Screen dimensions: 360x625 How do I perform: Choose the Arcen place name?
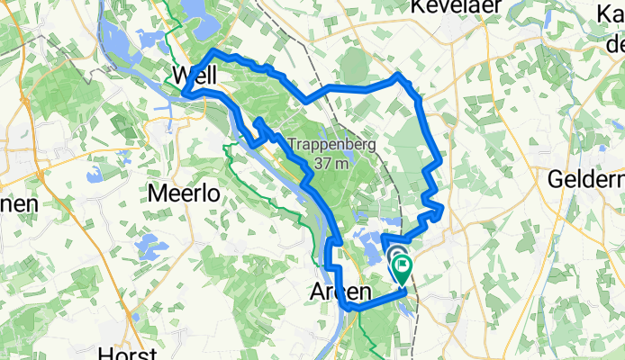(x=340, y=292)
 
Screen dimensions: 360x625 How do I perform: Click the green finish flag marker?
(x=402, y=266)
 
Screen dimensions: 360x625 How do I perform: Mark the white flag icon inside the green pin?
(x=402, y=265)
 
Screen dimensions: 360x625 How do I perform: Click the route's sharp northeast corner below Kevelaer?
(x=398, y=76)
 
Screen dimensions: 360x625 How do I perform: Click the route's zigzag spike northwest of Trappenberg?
(x=258, y=121)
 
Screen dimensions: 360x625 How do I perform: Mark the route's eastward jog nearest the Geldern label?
(x=440, y=211)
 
